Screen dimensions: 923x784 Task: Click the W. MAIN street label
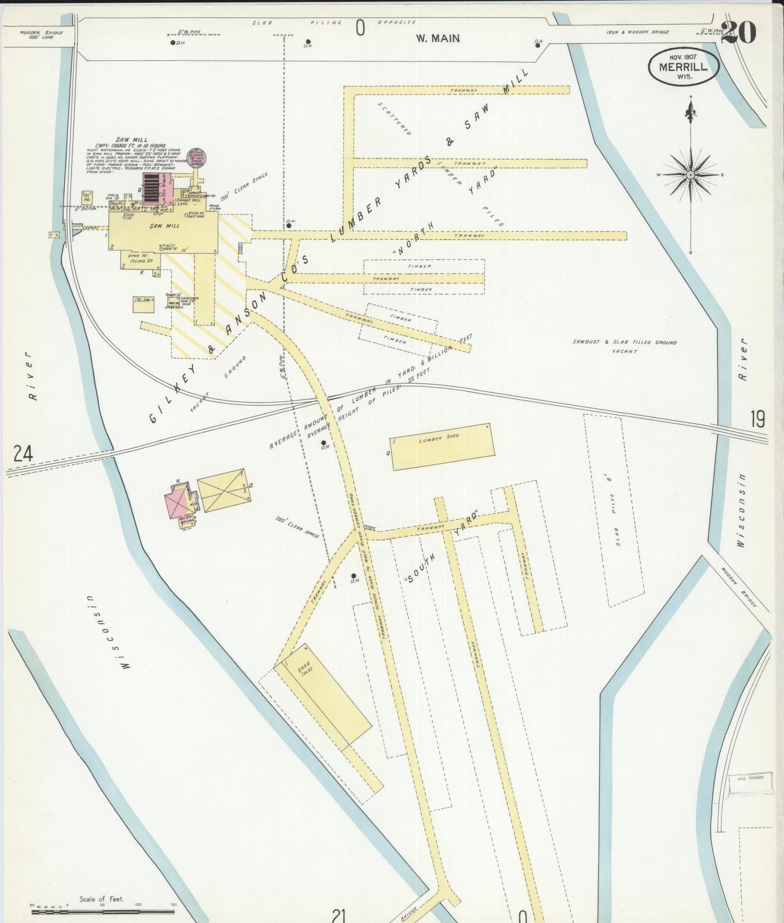[x=437, y=39]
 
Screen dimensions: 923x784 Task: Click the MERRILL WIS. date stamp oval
[x=684, y=67]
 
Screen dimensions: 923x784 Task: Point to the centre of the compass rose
[x=690, y=175]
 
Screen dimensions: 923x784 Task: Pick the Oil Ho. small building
[x=86, y=197]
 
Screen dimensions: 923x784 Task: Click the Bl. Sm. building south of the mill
[x=143, y=304]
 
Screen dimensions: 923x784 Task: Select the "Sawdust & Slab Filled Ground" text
[x=624, y=343]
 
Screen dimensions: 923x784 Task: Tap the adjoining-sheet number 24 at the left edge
[x=23, y=453]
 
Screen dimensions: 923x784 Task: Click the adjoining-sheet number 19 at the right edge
[x=758, y=419]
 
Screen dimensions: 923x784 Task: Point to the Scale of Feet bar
[x=103, y=912]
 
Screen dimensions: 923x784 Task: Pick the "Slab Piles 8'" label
[x=615, y=512]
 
